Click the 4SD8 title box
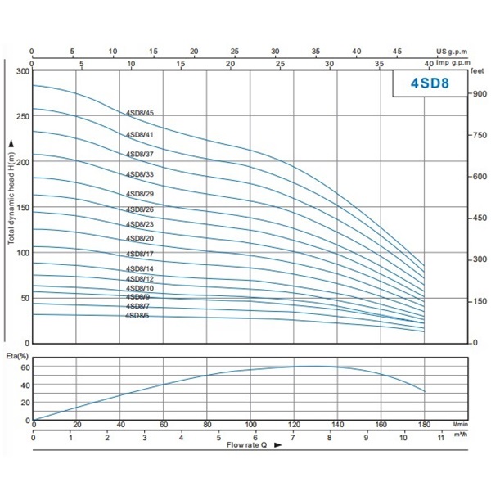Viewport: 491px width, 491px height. pos(428,83)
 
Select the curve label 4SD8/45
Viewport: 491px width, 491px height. pos(146,114)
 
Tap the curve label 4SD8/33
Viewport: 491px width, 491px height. pos(146,174)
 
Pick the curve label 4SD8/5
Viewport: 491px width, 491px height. pos(137,315)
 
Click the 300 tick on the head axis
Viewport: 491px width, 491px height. pos(22,72)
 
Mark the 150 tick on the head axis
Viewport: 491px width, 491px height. pos(22,208)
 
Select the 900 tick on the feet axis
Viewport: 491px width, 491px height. pos(480,94)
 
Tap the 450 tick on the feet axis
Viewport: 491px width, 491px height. pos(480,218)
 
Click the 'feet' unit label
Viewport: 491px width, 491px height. pos(479,72)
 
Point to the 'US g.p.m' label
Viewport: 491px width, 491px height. pos(453,51)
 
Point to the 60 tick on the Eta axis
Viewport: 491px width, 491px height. pos(25,367)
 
